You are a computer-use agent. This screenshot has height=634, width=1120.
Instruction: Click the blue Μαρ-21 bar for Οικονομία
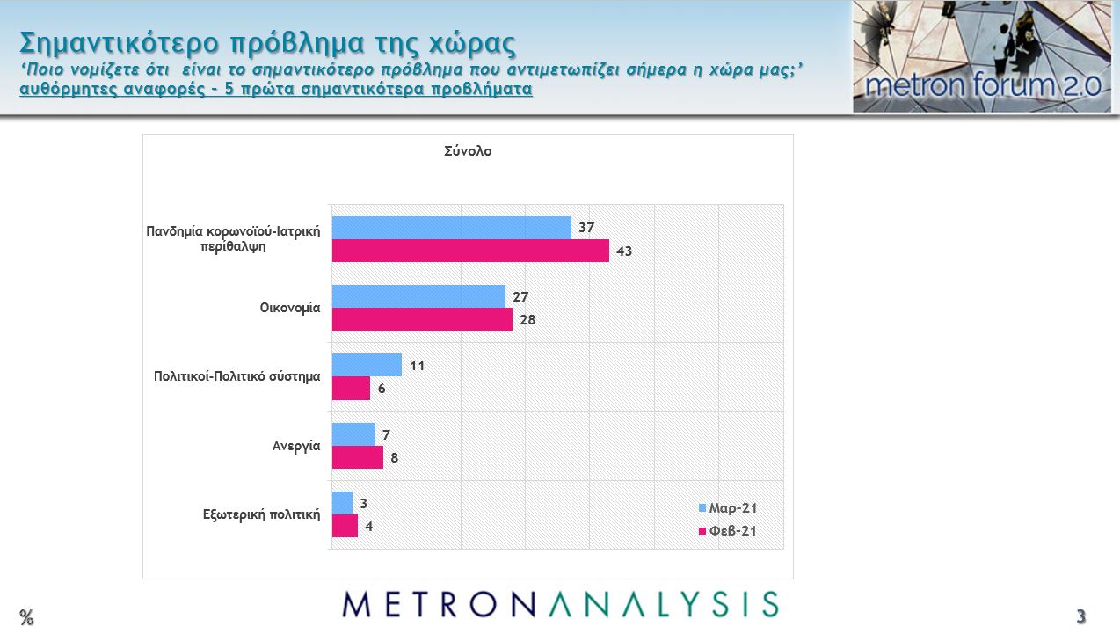(418, 296)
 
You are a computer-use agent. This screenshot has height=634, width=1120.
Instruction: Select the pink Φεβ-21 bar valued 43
(470, 251)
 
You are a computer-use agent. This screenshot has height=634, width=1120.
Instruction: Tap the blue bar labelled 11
(367, 365)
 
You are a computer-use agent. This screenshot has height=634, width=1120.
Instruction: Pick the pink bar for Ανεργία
(358, 457)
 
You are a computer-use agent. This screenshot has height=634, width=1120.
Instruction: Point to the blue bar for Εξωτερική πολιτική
(342, 503)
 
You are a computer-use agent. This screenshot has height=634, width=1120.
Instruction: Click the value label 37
(586, 228)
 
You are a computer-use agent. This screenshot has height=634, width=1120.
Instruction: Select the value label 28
(527, 320)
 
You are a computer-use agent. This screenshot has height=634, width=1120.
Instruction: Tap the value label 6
(382, 389)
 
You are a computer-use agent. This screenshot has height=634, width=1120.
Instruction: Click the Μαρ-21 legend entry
(728, 508)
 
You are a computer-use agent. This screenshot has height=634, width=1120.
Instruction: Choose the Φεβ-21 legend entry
(728, 531)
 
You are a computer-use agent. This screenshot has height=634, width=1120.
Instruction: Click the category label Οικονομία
(289, 309)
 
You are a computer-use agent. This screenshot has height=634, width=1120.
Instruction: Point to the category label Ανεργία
(295, 446)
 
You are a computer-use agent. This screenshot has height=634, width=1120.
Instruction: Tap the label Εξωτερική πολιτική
(261, 515)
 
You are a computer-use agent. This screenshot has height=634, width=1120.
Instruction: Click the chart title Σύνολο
(468, 151)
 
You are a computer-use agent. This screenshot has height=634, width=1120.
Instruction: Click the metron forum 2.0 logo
(982, 57)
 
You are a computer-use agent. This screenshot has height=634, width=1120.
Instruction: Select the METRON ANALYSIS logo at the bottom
(561, 604)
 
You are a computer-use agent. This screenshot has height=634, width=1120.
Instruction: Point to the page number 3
(1081, 616)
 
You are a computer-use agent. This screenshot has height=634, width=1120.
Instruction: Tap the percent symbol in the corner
(27, 617)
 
